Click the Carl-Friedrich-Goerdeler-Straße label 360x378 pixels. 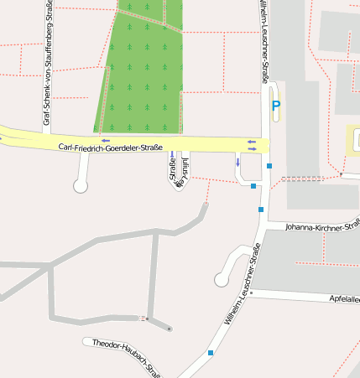click(110, 148)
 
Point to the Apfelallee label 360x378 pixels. click(344, 298)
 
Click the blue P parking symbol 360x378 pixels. click(275, 106)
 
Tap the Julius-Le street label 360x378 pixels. click(185, 168)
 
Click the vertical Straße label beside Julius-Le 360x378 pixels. click(174, 171)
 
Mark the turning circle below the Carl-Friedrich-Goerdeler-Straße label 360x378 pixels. click(81, 186)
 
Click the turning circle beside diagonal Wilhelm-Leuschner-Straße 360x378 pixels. click(222, 278)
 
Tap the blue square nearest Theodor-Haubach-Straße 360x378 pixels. click(210, 353)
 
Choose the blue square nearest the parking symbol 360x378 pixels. click(269, 166)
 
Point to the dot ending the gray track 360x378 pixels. click(170, 329)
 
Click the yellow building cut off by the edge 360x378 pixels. click(353, 141)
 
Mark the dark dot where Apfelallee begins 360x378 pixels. click(250, 293)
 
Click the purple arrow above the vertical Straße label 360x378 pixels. click(172, 154)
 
